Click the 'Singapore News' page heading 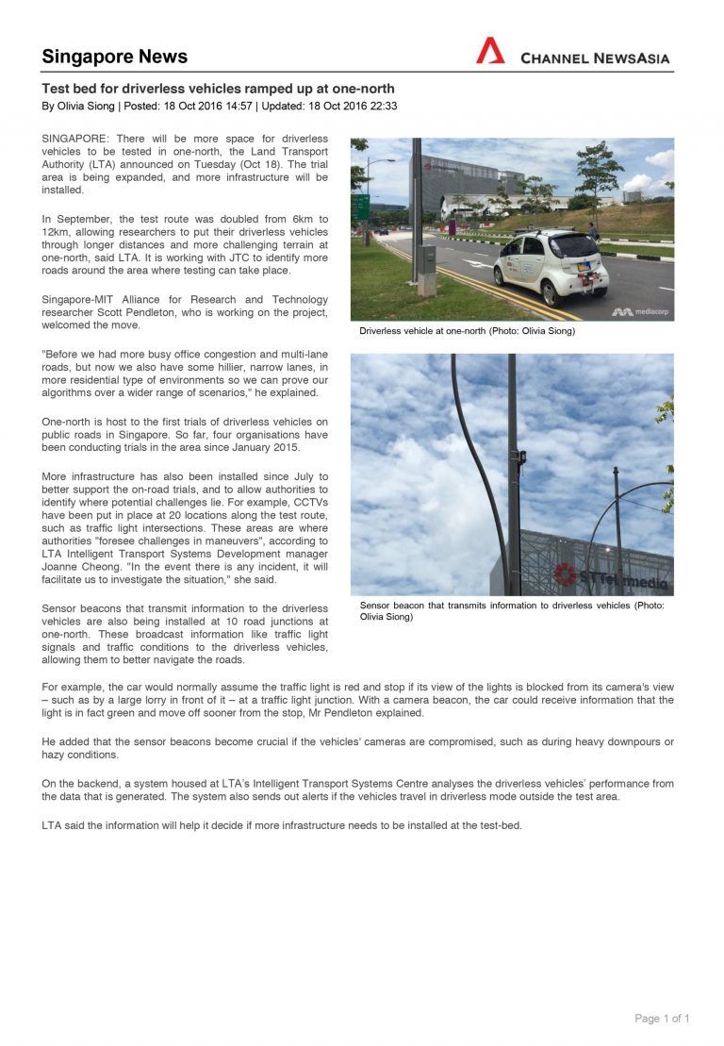tap(114, 57)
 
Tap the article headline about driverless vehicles tap(218, 89)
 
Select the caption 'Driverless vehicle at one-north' tap(467, 331)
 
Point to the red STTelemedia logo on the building tap(567, 573)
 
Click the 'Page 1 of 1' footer tap(662, 1019)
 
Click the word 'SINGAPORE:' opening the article tap(75, 139)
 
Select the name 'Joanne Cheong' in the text tap(78, 567)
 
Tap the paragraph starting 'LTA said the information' tap(281, 825)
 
